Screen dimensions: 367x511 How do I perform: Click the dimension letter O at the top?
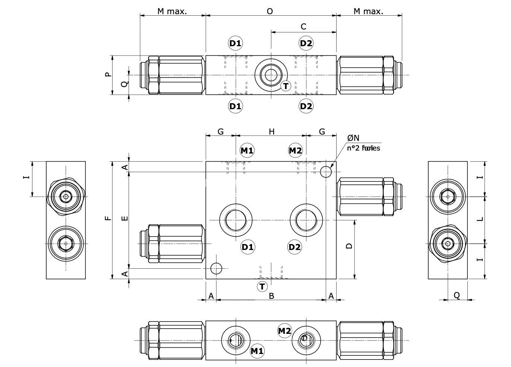[x=270, y=11]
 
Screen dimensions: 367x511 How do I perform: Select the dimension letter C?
[x=303, y=26]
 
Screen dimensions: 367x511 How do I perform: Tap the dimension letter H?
[x=272, y=132]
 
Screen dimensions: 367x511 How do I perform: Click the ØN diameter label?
[x=353, y=138]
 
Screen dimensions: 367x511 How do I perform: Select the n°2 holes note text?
[x=363, y=148]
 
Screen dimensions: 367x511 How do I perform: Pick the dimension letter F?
[x=108, y=218]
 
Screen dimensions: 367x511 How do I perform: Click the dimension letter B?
[x=272, y=296]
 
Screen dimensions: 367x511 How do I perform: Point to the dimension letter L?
[x=480, y=219]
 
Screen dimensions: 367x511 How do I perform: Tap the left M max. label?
[x=172, y=11]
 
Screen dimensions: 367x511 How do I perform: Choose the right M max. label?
[x=368, y=11]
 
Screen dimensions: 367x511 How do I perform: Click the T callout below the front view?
[x=262, y=287]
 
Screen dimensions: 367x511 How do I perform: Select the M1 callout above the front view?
[x=247, y=151]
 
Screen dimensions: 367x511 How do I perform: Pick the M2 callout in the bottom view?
[x=284, y=331]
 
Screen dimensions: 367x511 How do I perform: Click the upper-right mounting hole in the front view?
[x=326, y=172]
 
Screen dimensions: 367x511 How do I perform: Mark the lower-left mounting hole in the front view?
[x=216, y=268]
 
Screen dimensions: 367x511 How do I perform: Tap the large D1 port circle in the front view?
[x=236, y=220]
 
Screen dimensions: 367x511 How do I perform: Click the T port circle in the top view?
[x=271, y=75]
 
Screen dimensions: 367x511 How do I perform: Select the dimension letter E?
[x=125, y=218]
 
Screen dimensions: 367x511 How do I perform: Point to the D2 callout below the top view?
[x=306, y=106]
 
